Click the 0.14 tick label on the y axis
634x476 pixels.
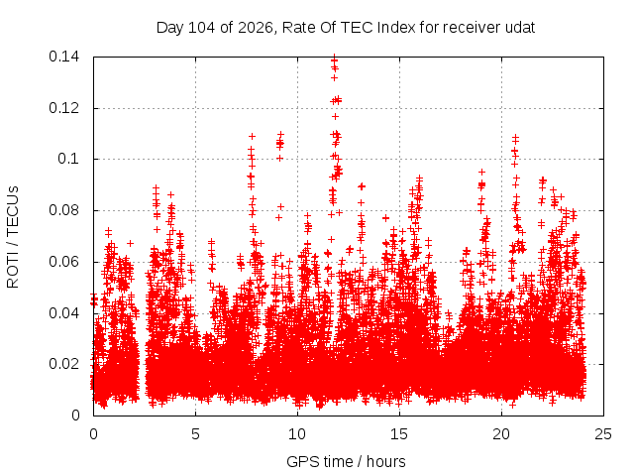click(x=63, y=57)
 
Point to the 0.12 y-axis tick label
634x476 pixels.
click(x=63, y=108)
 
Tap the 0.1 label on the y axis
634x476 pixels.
click(x=68, y=159)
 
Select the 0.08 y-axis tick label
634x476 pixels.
click(x=63, y=210)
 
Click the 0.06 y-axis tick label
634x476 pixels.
click(x=63, y=262)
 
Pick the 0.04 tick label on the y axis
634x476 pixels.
click(x=63, y=313)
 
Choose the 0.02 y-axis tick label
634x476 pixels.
click(x=63, y=364)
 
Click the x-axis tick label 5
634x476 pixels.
click(x=196, y=434)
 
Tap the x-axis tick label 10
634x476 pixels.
click(x=297, y=434)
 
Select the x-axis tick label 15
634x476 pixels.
click(x=399, y=434)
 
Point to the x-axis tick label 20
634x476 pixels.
click(x=501, y=434)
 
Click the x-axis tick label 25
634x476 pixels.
click(x=603, y=434)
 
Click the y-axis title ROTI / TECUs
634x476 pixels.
click(x=13, y=237)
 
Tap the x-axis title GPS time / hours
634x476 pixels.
click(x=346, y=461)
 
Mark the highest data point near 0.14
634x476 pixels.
click(x=334, y=58)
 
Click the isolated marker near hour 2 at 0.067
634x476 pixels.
click(x=130, y=243)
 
